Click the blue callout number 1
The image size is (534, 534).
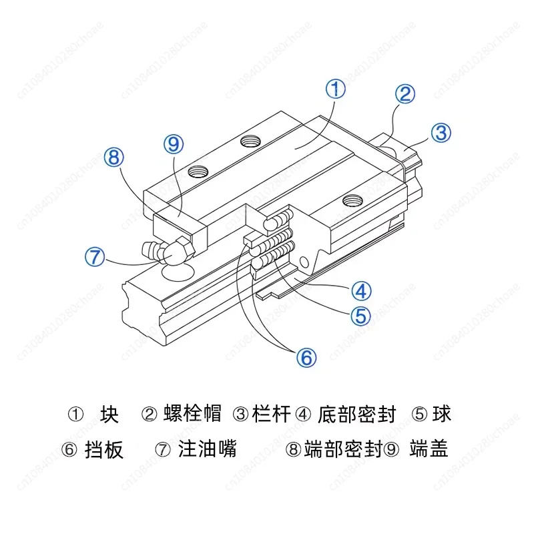[336, 89]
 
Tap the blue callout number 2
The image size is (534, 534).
[405, 94]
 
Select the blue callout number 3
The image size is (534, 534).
[441, 133]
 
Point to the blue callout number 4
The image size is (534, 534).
[361, 291]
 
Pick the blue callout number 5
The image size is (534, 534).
[360, 316]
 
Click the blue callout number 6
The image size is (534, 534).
[306, 358]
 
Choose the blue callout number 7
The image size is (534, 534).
[95, 257]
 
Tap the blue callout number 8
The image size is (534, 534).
[113, 158]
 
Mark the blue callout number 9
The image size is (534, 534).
[174, 144]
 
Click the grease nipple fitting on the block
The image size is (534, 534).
[170, 252]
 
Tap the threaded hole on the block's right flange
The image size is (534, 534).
[352, 201]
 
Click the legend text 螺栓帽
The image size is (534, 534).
[192, 414]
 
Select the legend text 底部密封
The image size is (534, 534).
[357, 414]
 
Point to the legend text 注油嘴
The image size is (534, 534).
[207, 449]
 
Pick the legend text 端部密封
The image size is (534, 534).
[343, 449]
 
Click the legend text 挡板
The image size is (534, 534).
[104, 449]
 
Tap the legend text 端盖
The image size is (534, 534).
[429, 449]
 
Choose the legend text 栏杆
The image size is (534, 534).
[272, 414]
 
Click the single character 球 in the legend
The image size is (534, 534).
[442, 414]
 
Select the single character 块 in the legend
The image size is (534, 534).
[109, 414]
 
